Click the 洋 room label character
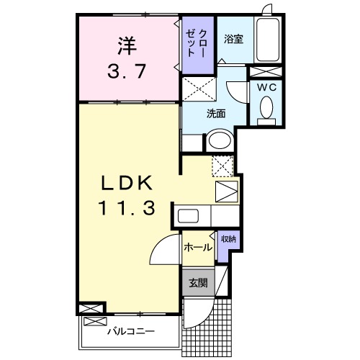click(x=127, y=45)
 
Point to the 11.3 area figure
click(x=127, y=209)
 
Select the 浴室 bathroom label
click(x=232, y=38)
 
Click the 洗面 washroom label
click(x=216, y=113)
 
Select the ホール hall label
click(x=198, y=248)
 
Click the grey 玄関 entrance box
click(x=198, y=283)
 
